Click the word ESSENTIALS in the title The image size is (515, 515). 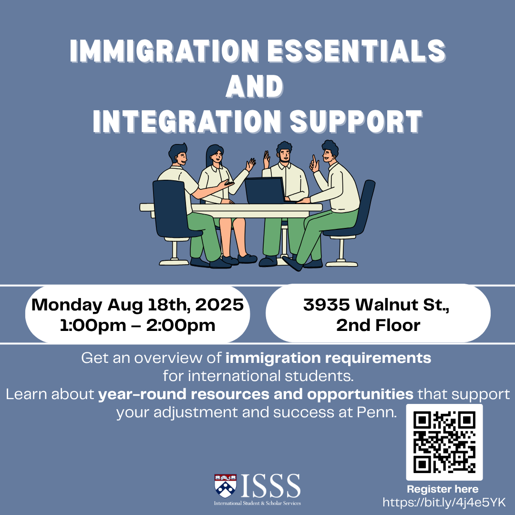click(x=356, y=51)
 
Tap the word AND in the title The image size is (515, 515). click(x=255, y=86)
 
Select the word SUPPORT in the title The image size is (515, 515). click(x=356, y=122)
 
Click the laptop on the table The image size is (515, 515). click(x=265, y=190)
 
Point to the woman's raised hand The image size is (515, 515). click(x=251, y=164)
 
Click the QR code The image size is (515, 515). click(x=444, y=442)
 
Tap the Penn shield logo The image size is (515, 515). click(x=225, y=486)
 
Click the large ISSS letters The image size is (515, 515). click(x=271, y=485)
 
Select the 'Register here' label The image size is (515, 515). click(x=443, y=489)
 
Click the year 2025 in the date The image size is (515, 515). click(x=219, y=305)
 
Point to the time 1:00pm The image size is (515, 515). click(x=93, y=326)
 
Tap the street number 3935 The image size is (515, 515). click(x=326, y=305)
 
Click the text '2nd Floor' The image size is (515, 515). click(x=378, y=326)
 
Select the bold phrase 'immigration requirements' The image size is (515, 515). click(x=328, y=358)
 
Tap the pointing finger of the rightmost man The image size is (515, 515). click(x=314, y=159)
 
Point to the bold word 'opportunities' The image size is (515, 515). click(x=360, y=394)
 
